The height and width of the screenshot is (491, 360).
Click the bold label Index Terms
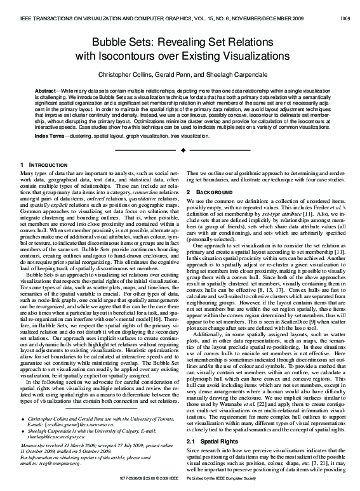point(50,136)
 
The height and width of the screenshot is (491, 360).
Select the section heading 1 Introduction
point(44,166)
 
